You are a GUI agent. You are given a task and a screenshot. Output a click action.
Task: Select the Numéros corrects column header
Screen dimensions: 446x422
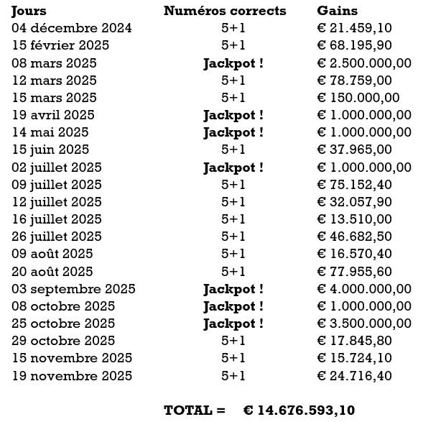(225, 11)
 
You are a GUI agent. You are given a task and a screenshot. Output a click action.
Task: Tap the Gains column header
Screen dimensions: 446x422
(337, 11)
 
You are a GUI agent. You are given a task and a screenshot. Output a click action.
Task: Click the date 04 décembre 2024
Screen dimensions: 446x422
(72, 28)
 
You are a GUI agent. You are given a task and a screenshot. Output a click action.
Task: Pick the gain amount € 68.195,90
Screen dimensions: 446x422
(354, 45)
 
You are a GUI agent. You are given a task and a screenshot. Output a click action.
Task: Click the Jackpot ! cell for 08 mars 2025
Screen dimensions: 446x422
(233, 63)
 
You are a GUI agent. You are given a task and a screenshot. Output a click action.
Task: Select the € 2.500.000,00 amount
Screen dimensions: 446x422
(364, 63)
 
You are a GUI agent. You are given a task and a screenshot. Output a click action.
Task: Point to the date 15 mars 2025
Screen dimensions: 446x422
(55, 98)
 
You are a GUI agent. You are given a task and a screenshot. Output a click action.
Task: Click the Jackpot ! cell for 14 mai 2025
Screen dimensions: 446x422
(233, 132)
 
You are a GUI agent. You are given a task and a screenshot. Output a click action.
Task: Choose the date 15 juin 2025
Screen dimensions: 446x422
(50, 150)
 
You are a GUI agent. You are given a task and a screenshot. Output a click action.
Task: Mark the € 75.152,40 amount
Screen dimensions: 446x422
(354, 185)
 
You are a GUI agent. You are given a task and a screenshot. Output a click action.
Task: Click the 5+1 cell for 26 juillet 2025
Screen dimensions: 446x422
(233, 237)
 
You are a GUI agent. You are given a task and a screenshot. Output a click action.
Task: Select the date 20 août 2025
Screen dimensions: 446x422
(52, 271)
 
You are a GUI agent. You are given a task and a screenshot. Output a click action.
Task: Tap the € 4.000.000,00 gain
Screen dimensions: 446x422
(364, 289)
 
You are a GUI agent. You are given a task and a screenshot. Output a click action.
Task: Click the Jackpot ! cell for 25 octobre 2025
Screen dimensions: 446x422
(233, 324)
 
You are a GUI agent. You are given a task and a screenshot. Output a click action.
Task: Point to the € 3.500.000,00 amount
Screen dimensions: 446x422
(364, 324)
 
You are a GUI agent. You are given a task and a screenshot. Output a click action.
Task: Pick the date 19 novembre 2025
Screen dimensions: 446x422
(72, 375)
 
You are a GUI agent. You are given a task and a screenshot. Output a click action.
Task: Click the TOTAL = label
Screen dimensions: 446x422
(189, 410)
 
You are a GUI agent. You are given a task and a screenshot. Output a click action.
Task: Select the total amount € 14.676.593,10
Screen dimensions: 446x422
(299, 410)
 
